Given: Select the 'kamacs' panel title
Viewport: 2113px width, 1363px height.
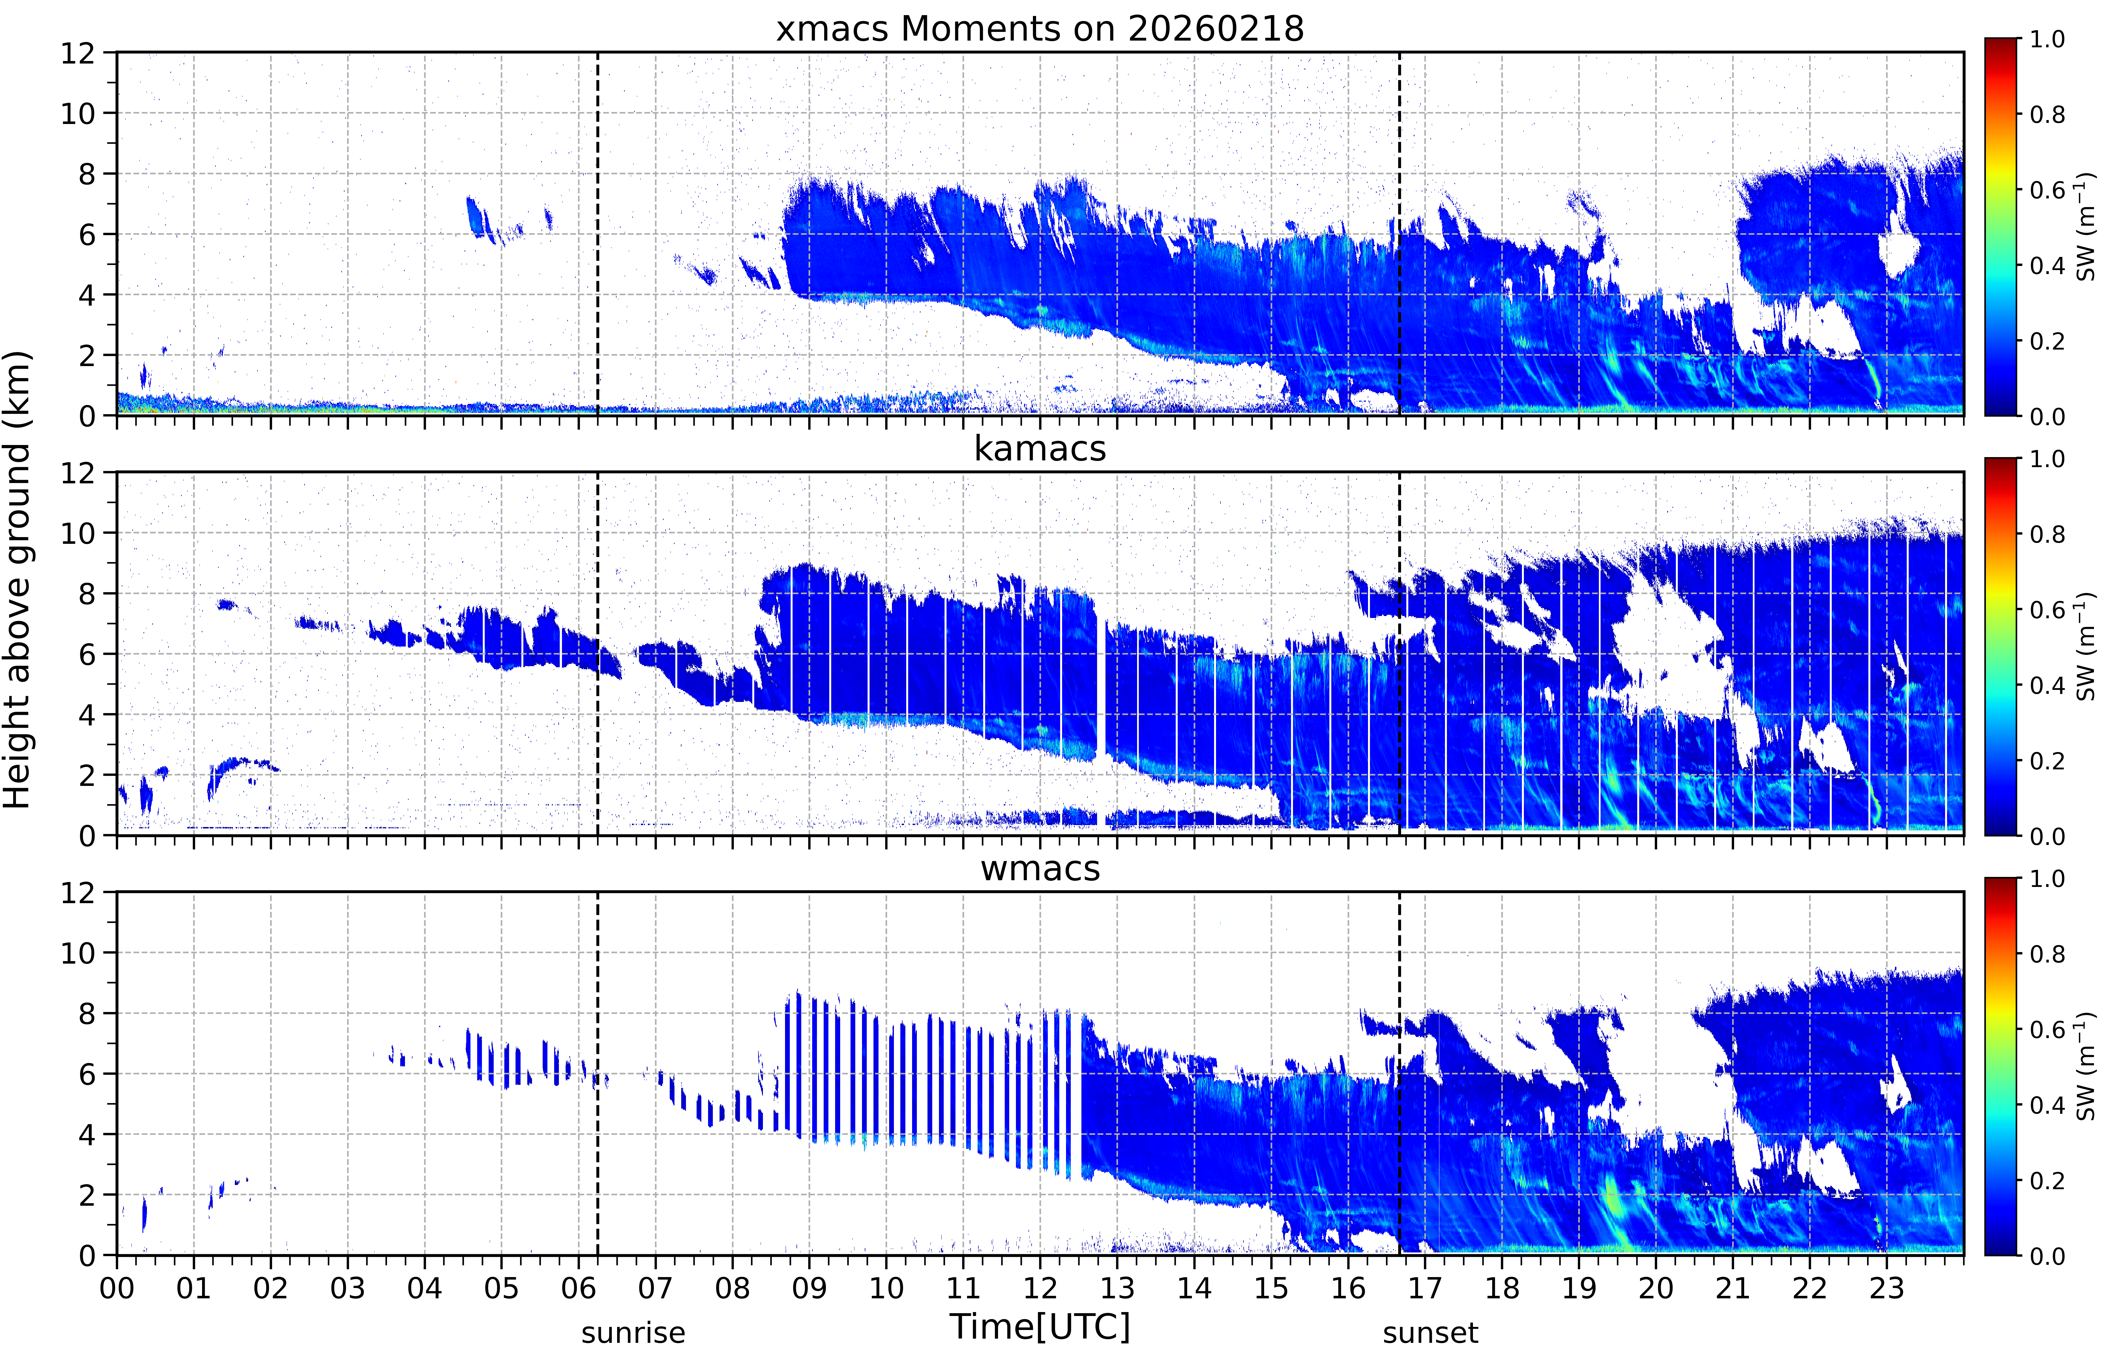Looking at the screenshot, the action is (1040, 449).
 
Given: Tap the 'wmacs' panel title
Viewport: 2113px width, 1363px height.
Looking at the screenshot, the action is (1040, 868).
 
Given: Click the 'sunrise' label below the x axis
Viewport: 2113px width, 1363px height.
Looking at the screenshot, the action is (633, 1333).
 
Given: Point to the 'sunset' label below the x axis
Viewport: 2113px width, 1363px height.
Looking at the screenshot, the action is (1430, 1333).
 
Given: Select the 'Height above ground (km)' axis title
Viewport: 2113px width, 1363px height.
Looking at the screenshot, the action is (18, 580).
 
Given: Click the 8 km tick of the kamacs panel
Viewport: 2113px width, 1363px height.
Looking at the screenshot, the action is (87, 594).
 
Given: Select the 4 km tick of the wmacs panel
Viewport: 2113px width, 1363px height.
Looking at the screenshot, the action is (87, 1135).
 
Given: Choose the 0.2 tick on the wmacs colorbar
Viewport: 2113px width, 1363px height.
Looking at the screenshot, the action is (2047, 1181).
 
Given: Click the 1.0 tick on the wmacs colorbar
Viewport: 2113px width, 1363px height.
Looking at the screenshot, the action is (2047, 879).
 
